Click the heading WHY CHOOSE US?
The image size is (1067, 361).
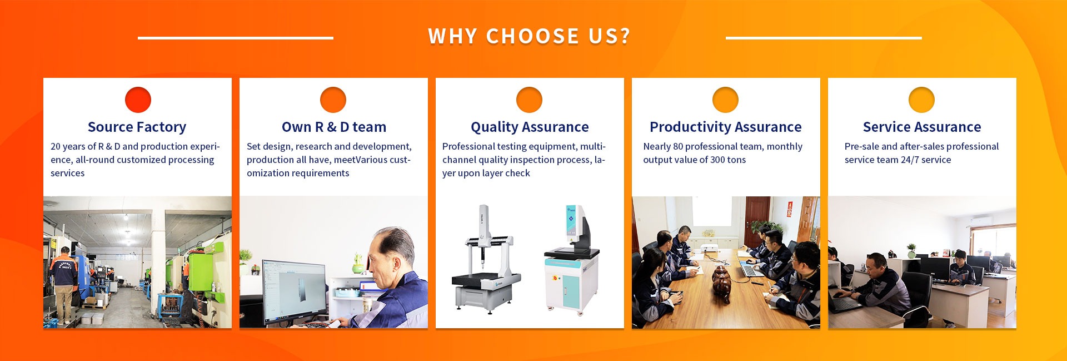(529, 37)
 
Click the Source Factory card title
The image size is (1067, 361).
(137, 127)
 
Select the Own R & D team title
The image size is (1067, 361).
(334, 127)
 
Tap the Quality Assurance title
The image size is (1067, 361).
(530, 127)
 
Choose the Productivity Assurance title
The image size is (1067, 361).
(726, 127)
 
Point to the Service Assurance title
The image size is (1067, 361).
(922, 127)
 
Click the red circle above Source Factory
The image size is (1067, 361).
(138, 100)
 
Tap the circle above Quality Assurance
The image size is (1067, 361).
(529, 100)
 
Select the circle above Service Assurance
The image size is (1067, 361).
(921, 100)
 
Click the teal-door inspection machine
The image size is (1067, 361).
(572, 259)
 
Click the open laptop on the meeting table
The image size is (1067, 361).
(751, 270)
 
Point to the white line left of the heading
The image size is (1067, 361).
(236, 38)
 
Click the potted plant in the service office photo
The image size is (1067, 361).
(911, 250)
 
